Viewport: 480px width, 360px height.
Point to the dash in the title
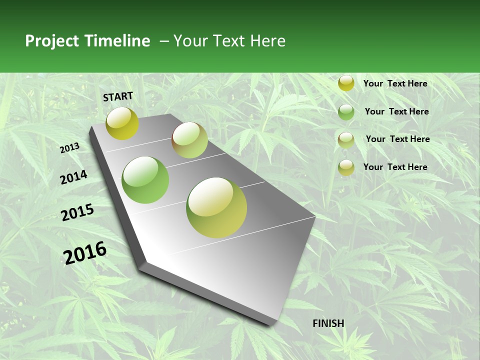[164, 41]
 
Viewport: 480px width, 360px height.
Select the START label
[118, 96]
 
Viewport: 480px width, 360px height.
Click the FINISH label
[328, 323]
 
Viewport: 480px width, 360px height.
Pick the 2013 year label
[70, 147]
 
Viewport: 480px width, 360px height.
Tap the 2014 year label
[73, 177]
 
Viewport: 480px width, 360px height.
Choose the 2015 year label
[77, 212]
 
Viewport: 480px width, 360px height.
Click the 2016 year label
[85, 253]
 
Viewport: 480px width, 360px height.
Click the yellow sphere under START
[122, 123]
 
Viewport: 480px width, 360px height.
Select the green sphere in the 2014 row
[145, 180]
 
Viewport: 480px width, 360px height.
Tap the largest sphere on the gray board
[216, 207]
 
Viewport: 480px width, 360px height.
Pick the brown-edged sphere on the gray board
[189, 140]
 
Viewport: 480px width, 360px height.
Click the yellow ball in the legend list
[346, 83]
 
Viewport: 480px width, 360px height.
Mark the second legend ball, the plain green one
[346, 112]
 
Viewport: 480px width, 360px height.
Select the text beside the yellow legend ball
[395, 83]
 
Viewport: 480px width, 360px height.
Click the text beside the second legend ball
[396, 111]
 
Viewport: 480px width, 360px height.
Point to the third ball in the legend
[346, 139]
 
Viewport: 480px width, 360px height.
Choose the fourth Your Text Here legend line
[395, 167]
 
